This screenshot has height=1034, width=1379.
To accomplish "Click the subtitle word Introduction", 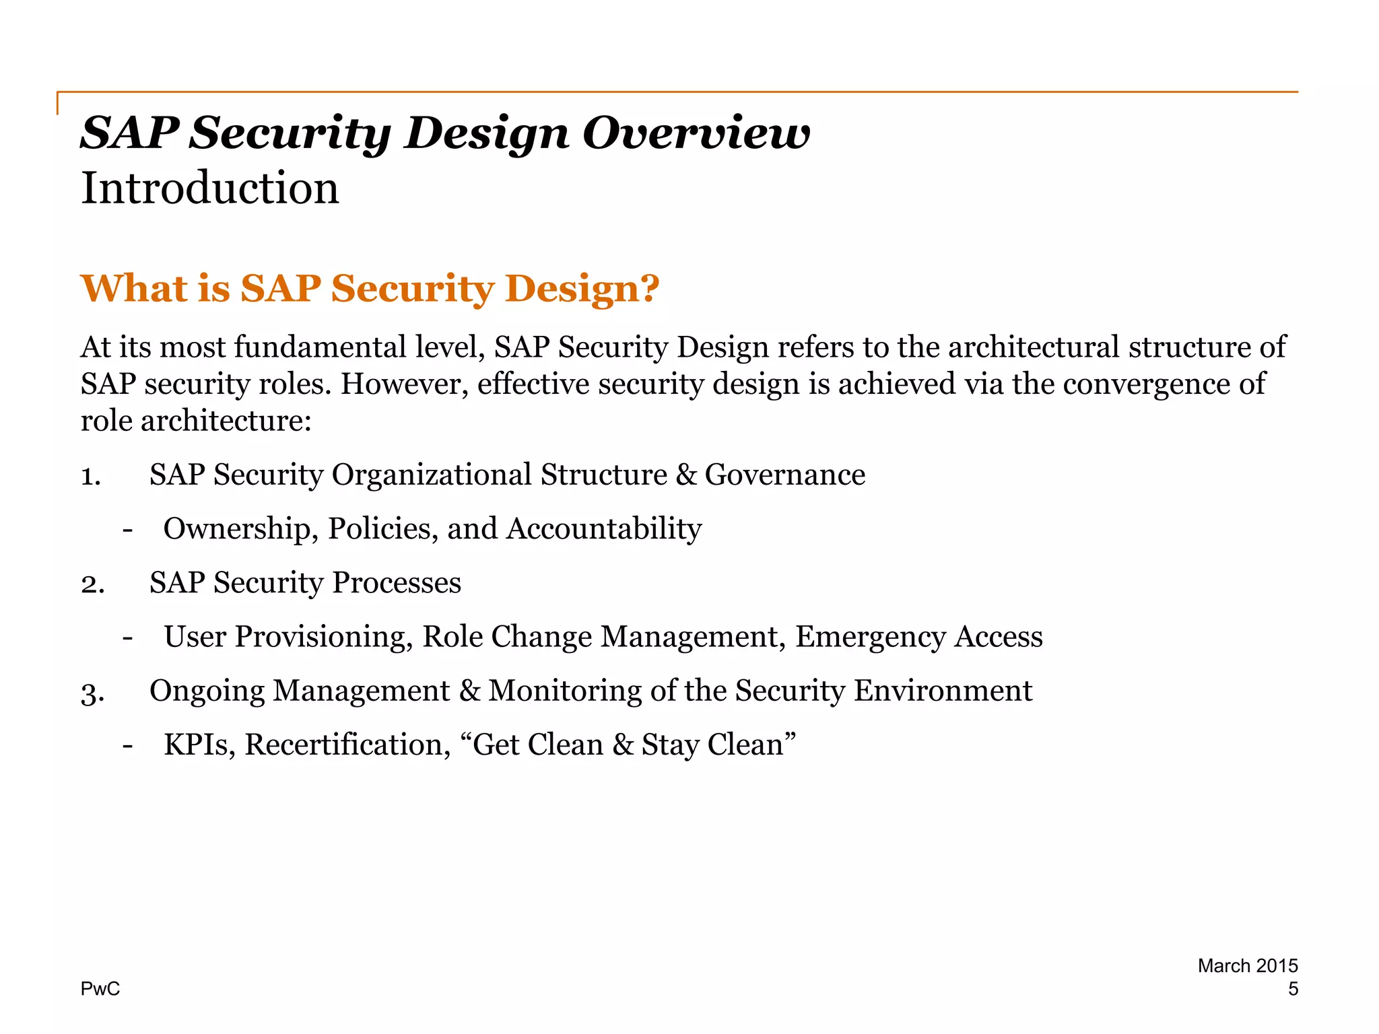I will pyautogui.click(x=210, y=188).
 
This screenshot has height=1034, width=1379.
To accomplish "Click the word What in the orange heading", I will pyautogui.click(x=134, y=288).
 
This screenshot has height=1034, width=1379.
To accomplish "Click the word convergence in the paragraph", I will pyautogui.click(x=1145, y=384).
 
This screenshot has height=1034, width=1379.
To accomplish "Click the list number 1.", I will pyautogui.click(x=90, y=476).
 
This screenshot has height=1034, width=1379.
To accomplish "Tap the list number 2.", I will pyautogui.click(x=92, y=584).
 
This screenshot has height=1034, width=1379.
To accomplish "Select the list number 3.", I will pyautogui.click(x=92, y=692).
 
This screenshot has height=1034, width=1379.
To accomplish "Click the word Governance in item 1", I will pyautogui.click(x=784, y=475).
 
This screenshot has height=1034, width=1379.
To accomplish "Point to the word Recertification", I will pyautogui.click(x=347, y=745).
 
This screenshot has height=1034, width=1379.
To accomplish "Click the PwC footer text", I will pyautogui.click(x=100, y=989).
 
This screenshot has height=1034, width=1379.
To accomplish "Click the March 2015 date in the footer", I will pyautogui.click(x=1247, y=966).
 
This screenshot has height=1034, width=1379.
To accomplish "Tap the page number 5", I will pyautogui.click(x=1292, y=989).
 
